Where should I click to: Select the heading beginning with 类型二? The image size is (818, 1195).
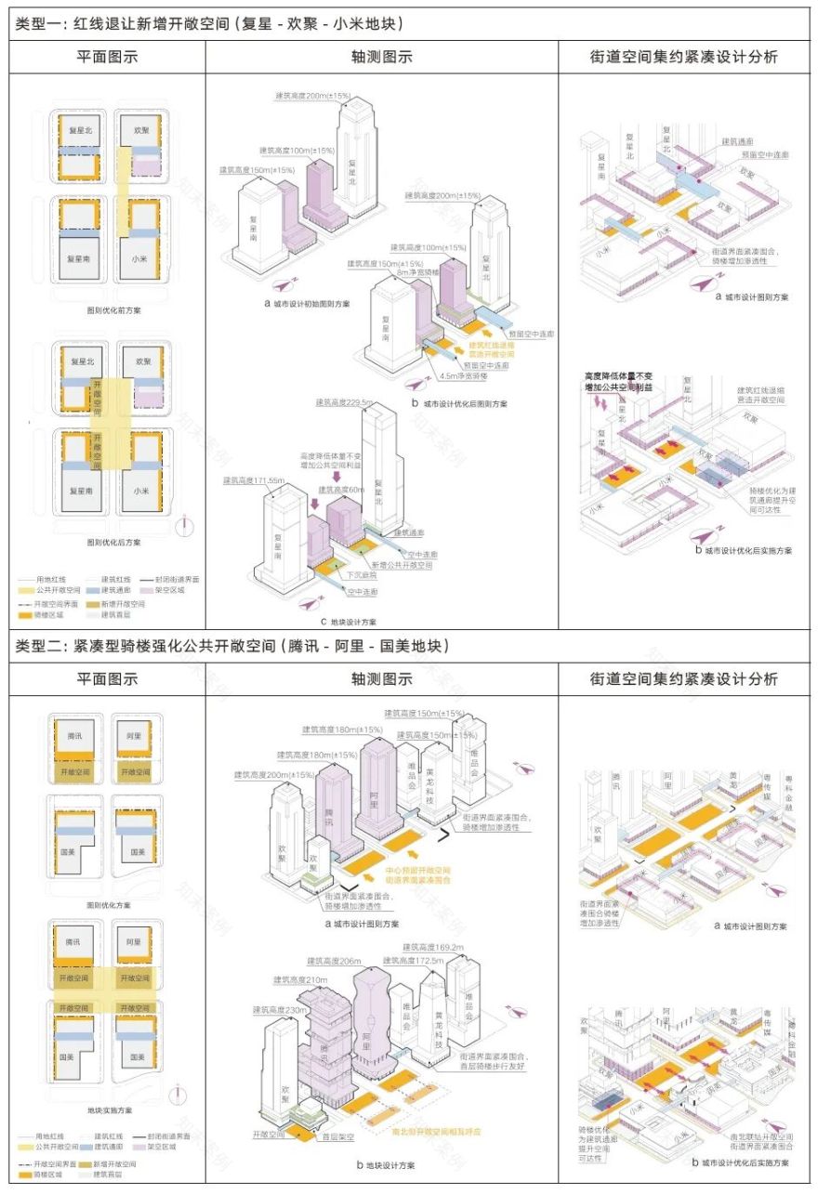tap(232, 645)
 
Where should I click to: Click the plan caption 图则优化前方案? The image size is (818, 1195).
tap(113, 310)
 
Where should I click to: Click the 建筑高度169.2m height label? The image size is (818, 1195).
tap(433, 947)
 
